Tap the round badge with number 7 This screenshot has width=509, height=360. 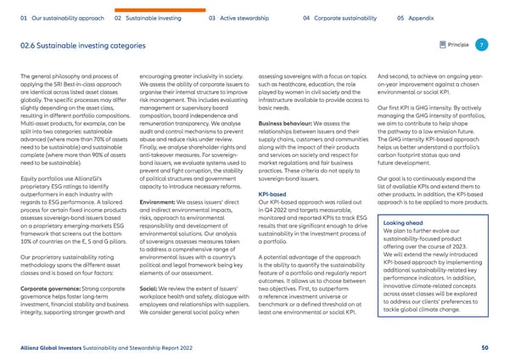point(481,44)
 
